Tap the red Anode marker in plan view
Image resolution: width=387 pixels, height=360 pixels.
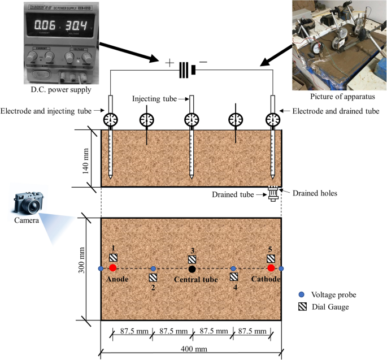coord(113,268)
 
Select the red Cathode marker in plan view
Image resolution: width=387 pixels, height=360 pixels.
coord(271,268)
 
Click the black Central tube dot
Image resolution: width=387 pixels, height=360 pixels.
coord(193,268)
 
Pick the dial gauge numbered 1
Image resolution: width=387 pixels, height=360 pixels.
coord(113,258)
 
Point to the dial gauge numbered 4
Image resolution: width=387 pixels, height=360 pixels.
coord(234,277)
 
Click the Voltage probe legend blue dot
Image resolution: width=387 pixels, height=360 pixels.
coord(302,294)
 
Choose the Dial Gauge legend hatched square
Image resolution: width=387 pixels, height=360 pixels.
coord(302,307)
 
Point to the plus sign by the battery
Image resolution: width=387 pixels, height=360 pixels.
coord(169,63)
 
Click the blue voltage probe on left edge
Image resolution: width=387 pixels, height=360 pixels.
coord(101,268)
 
